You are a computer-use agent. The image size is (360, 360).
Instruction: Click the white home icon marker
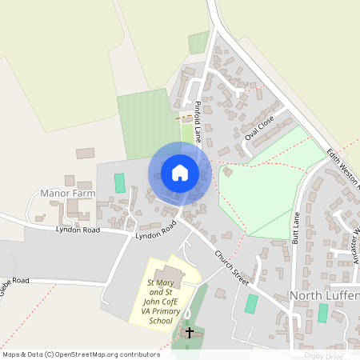coord(180,173)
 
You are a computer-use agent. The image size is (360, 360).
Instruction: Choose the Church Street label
coord(232,268)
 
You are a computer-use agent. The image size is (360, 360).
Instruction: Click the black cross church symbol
coord(190,332)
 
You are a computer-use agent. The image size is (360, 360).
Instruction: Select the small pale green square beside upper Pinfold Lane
coord(198,42)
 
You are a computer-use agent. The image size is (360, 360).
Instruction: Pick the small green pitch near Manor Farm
coord(120,182)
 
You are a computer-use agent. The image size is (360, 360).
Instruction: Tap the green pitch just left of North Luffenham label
coord(251,304)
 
